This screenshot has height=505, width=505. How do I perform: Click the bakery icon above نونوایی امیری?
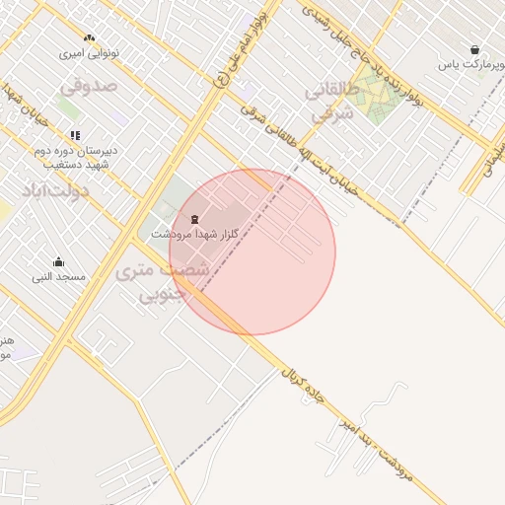(x=90, y=38)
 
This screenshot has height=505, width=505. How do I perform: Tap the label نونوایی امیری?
(x=90, y=53)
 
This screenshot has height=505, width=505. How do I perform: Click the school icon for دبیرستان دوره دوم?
(x=75, y=135)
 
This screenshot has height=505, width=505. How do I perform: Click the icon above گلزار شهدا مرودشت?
(x=194, y=218)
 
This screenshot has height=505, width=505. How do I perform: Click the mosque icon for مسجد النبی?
(x=58, y=262)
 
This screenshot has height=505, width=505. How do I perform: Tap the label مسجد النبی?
(x=58, y=277)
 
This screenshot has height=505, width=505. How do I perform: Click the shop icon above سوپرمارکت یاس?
(x=475, y=49)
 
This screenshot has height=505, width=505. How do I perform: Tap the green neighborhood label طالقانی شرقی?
(x=329, y=101)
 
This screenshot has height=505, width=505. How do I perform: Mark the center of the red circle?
(x=252, y=252)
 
